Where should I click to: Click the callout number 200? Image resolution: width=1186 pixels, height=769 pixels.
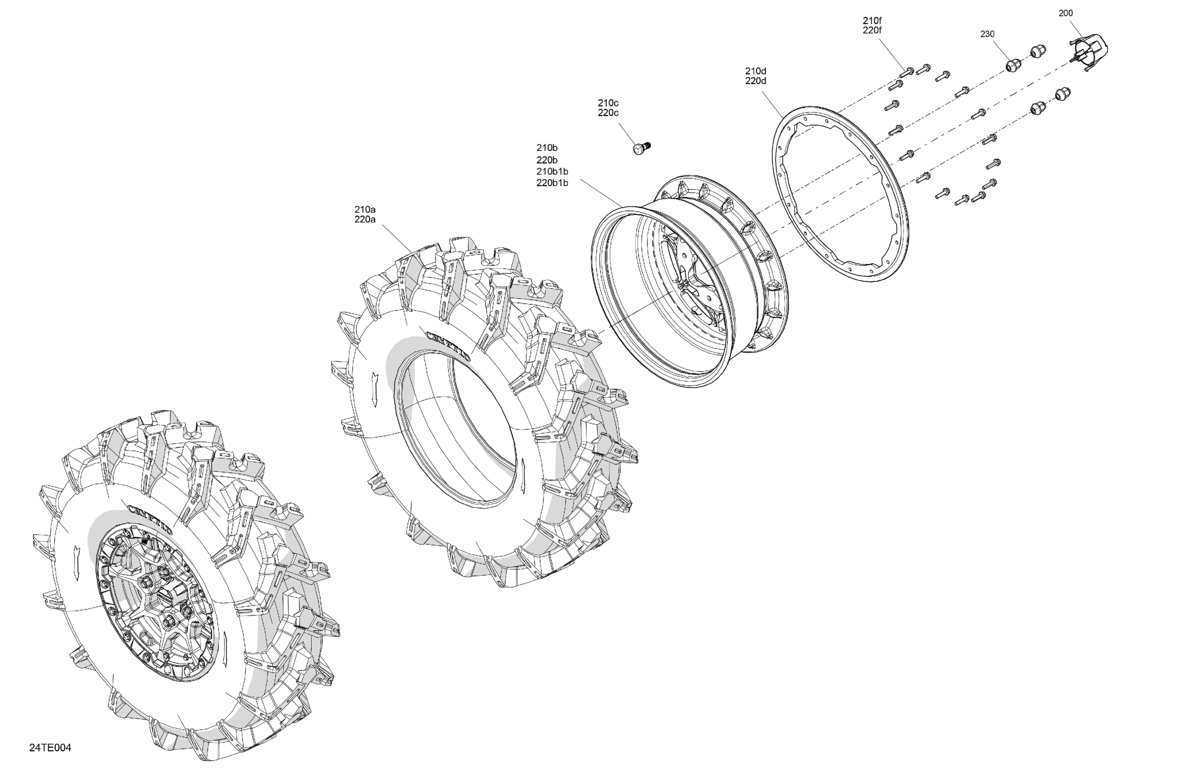coord(1065,14)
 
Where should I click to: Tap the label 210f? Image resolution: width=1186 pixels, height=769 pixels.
coord(872,20)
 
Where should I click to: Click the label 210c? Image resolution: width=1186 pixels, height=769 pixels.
coord(608,103)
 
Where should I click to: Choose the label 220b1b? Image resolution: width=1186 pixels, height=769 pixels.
coord(552,183)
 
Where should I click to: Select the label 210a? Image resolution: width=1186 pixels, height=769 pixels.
coord(365,209)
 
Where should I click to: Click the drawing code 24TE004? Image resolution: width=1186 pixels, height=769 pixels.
coord(50,748)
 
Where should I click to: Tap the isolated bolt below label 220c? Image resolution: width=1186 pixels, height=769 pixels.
coord(642,147)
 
